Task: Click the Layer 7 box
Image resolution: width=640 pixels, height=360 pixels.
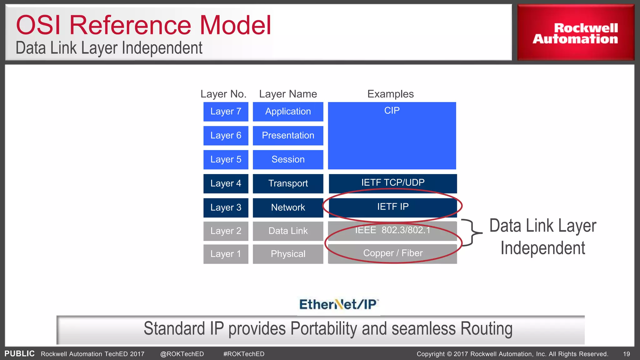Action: [x=226, y=112]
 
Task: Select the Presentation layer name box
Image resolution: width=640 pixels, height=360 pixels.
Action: [x=288, y=136]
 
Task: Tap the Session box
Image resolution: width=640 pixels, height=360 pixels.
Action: [x=288, y=160]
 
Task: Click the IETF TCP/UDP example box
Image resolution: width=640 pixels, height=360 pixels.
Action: [x=392, y=183]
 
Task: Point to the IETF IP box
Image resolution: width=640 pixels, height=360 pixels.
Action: [x=392, y=207]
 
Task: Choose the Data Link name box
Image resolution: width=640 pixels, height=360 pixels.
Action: [x=288, y=231]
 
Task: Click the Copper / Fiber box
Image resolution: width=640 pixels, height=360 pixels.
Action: [x=392, y=253]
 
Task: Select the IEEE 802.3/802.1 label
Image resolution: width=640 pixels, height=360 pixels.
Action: [x=392, y=230]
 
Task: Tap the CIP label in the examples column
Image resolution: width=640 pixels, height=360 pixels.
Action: [x=392, y=111]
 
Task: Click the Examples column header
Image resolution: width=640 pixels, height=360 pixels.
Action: [x=390, y=94]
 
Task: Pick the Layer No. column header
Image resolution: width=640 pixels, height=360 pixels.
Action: [x=223, y=94]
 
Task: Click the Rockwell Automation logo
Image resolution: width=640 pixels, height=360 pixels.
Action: [x=575, y=33]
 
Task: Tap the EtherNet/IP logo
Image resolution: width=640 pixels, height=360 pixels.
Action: [x=339, y=304]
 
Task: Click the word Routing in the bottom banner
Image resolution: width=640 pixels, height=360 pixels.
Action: [x=486, y=329]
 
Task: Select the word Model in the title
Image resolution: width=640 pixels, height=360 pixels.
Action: [x=235, y=25]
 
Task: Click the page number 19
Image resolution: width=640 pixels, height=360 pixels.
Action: [x=626, y=354]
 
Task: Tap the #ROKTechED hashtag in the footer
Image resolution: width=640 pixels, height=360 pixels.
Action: [x=244, y=354]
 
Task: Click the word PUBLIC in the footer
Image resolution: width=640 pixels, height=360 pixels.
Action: [x=19, y=354]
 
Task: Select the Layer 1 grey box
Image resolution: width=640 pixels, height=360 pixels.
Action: [x=226, y=254]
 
